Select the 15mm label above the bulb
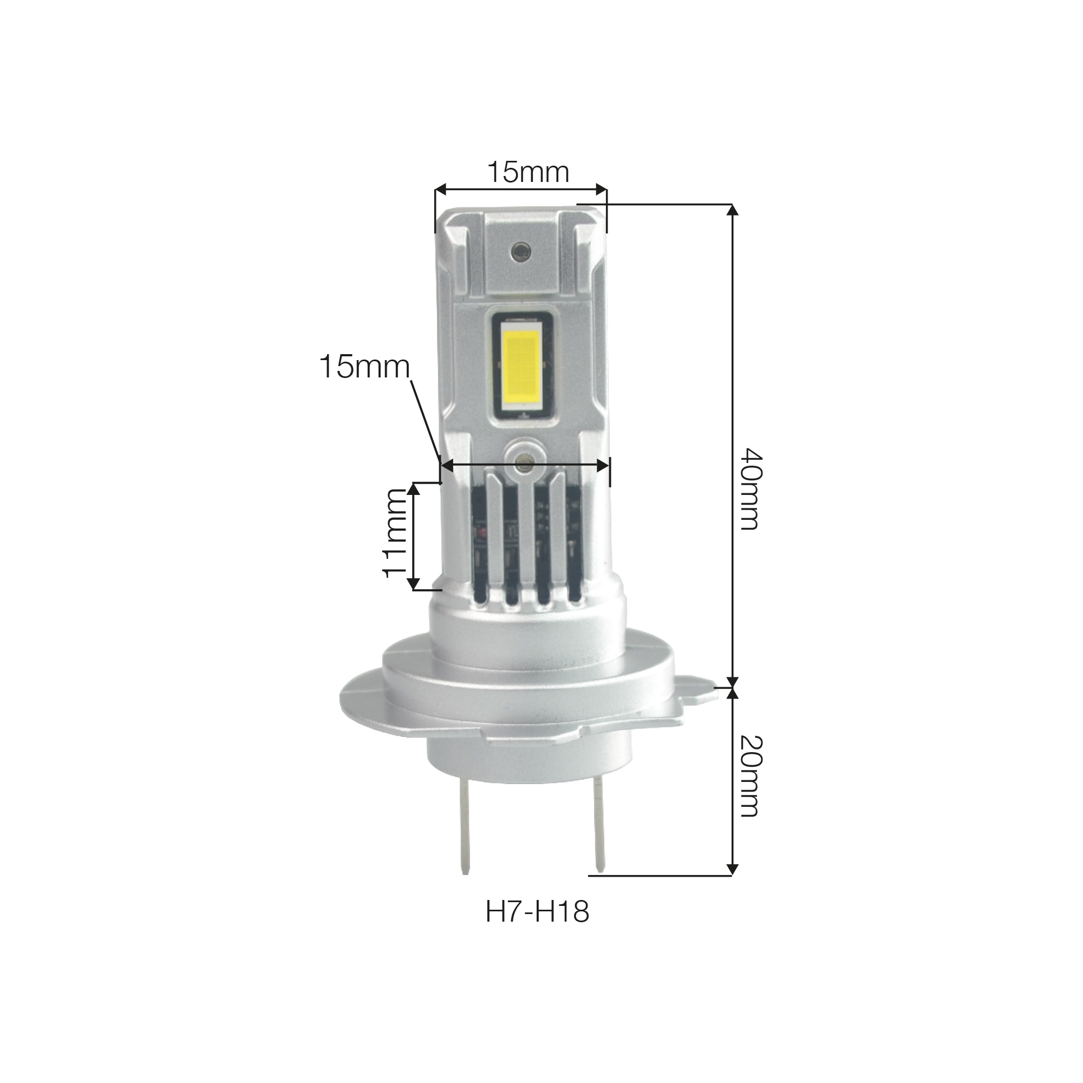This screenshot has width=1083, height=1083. point(528,172)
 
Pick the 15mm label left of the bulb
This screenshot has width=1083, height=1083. point(364,368)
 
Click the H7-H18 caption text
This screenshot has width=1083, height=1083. point(538,912)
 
